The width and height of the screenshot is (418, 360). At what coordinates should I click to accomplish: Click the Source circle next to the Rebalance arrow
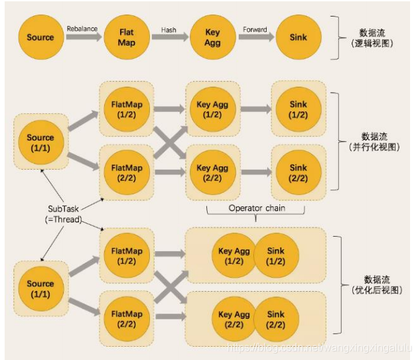[40, 37]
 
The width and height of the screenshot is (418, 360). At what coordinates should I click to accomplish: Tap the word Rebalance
[82, 29]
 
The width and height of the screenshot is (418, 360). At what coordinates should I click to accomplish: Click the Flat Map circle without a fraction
[127, 37]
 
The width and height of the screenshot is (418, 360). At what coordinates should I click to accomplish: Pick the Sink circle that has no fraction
[298, 37]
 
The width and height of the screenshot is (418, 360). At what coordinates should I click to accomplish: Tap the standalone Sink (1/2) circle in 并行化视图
[299, 109]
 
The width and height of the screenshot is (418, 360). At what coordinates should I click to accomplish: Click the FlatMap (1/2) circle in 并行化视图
[126, 109]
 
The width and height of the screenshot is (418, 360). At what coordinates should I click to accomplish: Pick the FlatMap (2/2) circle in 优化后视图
[126, 319]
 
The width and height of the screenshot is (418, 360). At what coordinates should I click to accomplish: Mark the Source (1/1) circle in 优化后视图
[40, 288]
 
